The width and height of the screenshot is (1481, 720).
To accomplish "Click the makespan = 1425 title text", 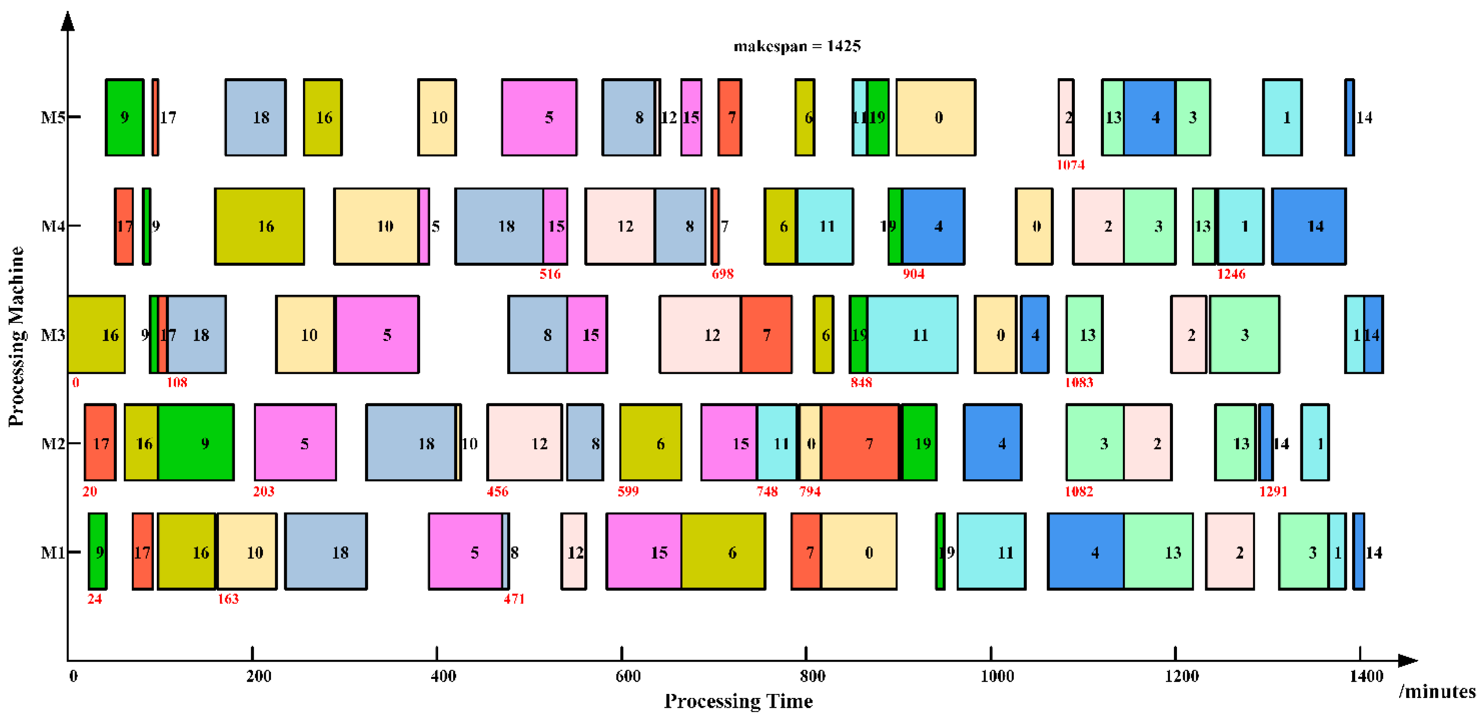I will pos(797,46).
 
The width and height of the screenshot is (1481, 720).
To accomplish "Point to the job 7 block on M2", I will pos(860,443).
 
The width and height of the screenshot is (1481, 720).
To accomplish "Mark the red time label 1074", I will pos(1070,165).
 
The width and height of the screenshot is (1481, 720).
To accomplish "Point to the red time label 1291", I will pos(1273,491).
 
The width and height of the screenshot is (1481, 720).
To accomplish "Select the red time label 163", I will pos(228,599).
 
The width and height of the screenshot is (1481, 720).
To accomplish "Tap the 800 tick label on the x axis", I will pos(812,676).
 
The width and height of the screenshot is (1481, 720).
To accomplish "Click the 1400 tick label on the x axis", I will pos(1366,676).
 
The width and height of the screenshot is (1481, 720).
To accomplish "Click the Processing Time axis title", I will pos(738,701).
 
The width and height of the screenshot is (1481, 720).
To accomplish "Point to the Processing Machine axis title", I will pos(16,336).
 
